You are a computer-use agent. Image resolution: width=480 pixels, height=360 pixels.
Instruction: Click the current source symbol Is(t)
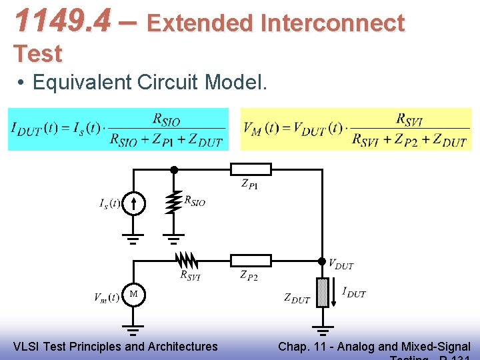pos(133,203)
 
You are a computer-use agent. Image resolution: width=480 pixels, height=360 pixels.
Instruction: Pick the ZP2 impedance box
pos(251,261)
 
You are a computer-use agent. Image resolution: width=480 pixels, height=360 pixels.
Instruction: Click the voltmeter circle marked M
pos(133,294)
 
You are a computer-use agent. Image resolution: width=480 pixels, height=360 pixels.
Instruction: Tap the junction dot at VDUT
pos(323,261)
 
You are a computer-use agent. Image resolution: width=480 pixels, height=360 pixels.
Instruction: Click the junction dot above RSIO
pos(173,169)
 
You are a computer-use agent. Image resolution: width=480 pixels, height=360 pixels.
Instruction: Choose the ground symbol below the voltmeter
pos(133,330)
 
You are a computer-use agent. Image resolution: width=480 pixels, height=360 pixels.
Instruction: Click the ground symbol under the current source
pos(133,239)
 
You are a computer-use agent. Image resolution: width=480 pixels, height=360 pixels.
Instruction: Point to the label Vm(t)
pos(107,297)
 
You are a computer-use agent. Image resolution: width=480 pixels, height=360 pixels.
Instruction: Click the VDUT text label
pos(341,265)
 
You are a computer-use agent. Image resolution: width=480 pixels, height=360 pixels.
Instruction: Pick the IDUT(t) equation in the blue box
pos(117,129)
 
